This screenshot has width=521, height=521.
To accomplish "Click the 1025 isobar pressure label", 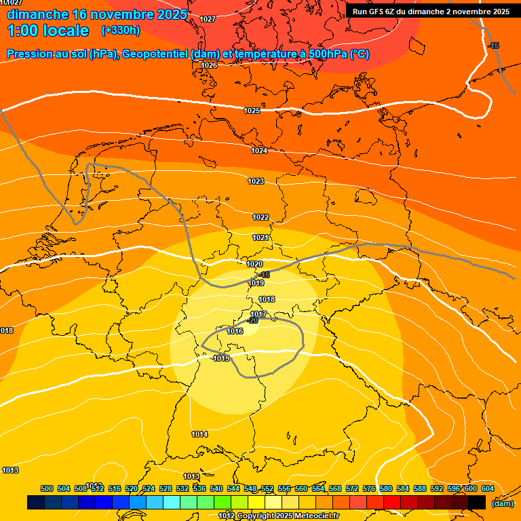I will tap(252, 111).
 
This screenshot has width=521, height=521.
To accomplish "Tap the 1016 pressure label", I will tap(235, 331).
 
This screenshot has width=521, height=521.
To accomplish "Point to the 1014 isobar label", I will tap(199, 434).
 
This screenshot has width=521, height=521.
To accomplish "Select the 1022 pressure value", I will tap(260, 217).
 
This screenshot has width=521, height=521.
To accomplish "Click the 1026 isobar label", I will tap(209, 65).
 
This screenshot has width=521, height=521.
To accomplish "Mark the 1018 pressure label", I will tap(267, 299).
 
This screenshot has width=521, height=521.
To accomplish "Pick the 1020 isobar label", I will tap(254, 264).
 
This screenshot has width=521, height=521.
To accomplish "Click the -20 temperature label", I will tap(252, 321).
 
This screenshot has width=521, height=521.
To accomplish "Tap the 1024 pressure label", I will tap(259, 151).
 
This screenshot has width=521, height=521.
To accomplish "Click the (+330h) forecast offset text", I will tap(121, 31).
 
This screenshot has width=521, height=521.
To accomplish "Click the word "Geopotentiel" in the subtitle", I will tap(156, 54).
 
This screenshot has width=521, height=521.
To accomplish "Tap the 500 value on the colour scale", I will tap(47, 488).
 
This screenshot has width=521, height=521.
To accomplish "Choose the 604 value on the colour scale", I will tap(488, 488).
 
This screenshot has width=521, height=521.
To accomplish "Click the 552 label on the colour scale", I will tap(267, 488).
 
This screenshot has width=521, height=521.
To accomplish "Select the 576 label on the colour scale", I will tap(369, 488).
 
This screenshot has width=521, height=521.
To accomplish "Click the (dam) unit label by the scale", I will tap(502, 503).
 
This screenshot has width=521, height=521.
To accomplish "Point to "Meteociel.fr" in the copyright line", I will tap(317, 516).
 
